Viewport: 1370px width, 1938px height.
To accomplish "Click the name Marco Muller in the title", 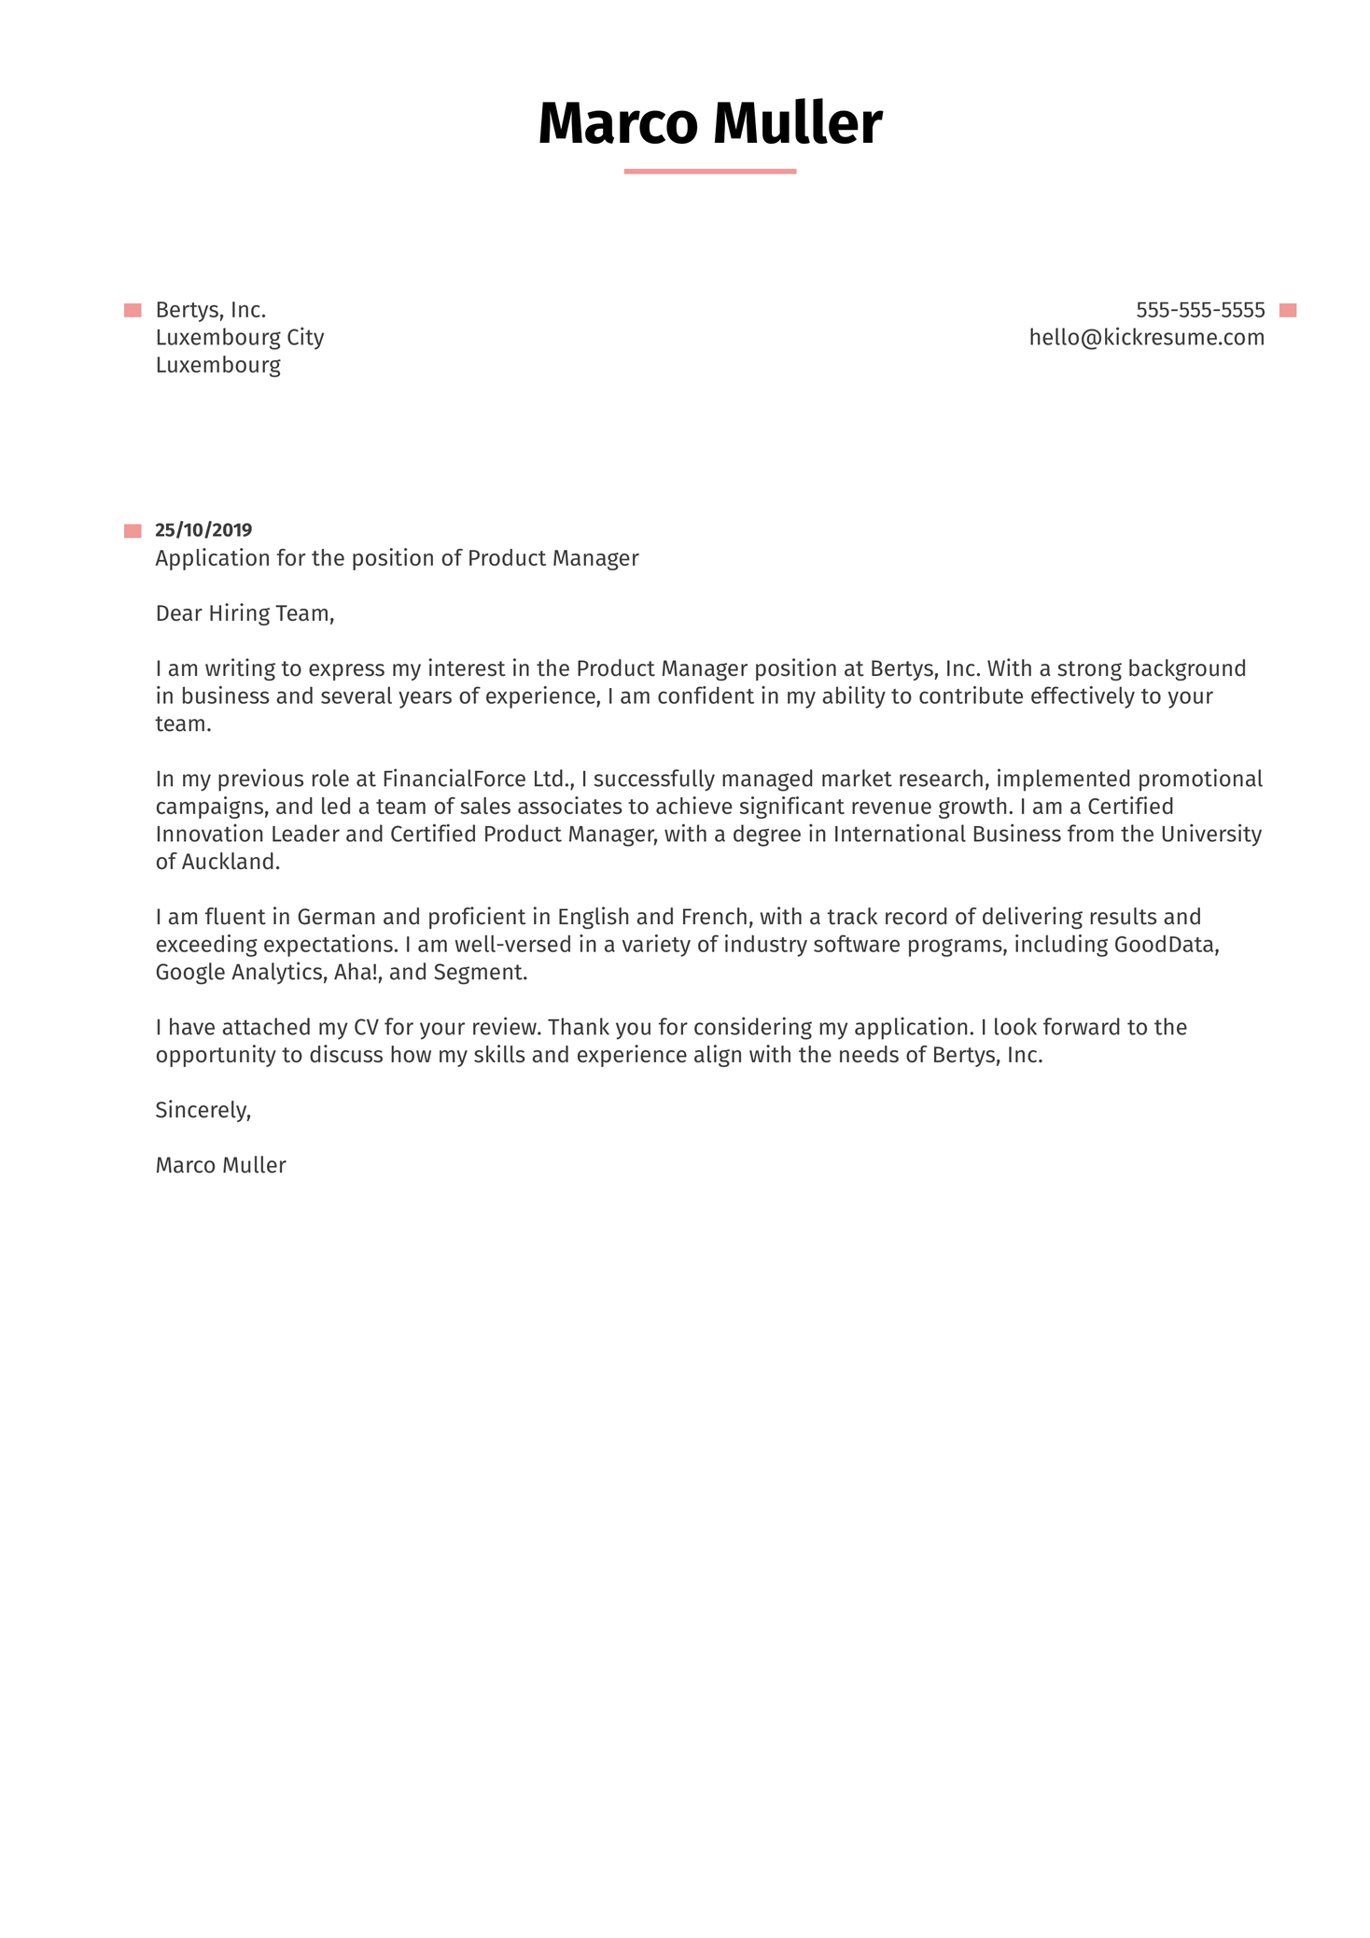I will coord(709,123).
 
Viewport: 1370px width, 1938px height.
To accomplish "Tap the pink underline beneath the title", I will coord(709,171).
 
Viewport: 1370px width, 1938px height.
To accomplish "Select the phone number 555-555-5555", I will coord(1199,310).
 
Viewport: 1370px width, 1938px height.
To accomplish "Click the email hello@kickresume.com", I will coord(1146,337).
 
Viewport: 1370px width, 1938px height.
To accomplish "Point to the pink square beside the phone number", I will coord(1288,311).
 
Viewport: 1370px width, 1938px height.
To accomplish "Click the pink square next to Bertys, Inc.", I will coord(133,311).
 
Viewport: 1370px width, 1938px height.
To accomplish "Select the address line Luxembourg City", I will coord(240,337).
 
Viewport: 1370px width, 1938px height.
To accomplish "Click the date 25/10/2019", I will coord(203,530).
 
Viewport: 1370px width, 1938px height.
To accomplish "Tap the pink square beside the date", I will coord(133,531).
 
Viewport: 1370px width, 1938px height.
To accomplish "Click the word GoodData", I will coord(1167,944).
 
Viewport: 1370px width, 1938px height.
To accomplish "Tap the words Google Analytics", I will coord(238,972).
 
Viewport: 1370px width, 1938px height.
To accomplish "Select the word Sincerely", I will coord(203,1110).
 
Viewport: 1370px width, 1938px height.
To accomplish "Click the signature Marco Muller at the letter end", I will coord(220,1165).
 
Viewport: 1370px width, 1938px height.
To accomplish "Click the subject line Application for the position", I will coord(397,558).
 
